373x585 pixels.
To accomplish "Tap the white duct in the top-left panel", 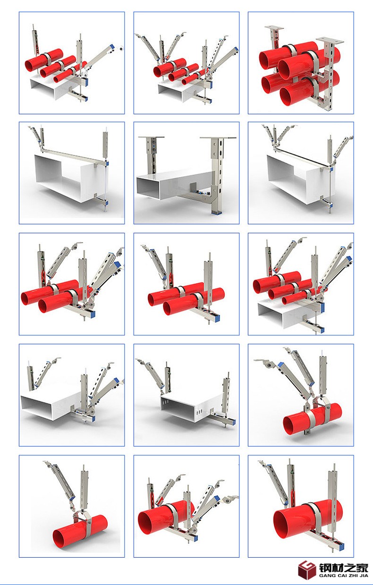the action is [x=53, y=88].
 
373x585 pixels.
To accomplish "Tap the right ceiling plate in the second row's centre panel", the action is [x=218, y=137].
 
